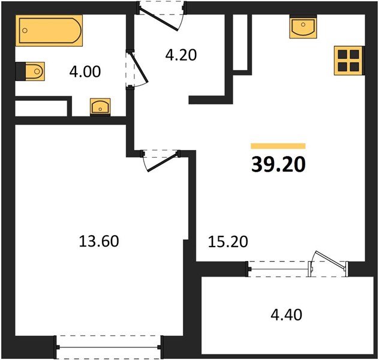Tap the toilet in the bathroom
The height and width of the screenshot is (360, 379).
pos(31,71)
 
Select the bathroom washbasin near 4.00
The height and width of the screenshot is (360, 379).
pos(99,107)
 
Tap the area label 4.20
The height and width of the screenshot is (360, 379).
pos(181,55)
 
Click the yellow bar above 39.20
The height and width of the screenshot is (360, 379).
pos(278,146)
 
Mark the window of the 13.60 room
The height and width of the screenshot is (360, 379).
pos(109,347)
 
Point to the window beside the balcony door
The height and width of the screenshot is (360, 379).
pos(278,268)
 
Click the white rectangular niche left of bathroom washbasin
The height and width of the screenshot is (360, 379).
pos(40,109)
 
